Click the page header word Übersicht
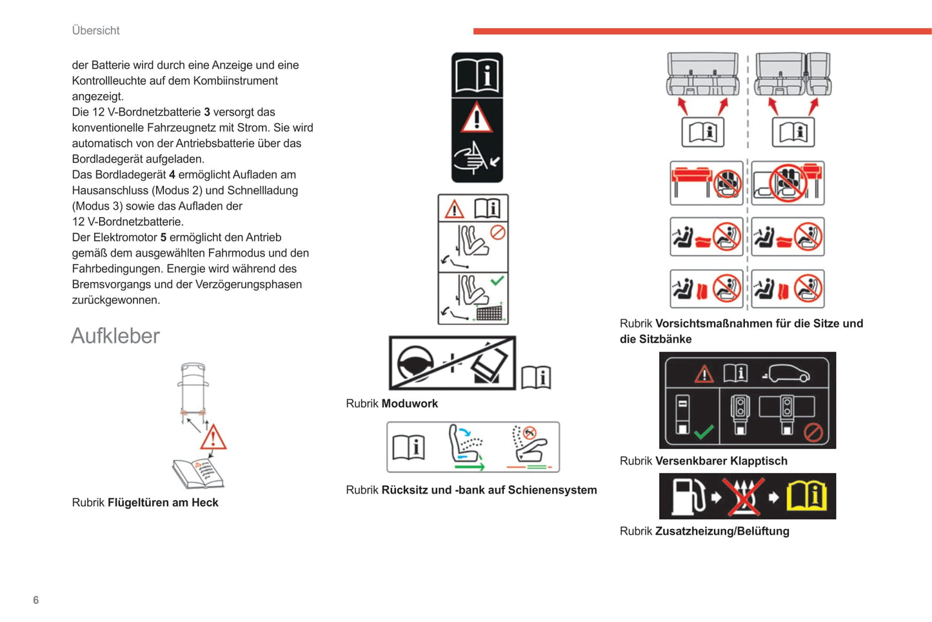coord(95,30)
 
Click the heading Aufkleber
coord(115,336)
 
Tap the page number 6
coord(36,600)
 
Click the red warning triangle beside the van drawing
coord(213,438)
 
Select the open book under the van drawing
coord(197,474)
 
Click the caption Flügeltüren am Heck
coord(163,503)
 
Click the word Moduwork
coord(410,404)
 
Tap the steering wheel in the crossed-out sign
coord(414,363)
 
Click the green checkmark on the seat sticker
coord(497,281)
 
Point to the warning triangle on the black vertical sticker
coord(477,119)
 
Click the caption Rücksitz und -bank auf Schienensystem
coord(489,490)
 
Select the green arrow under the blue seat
coord(469,465)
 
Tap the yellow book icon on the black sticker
coord(806,496)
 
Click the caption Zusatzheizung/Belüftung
coord(722,532)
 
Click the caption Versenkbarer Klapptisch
coord(721,461)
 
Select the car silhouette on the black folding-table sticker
coord(787,373)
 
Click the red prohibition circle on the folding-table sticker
coord(813,432)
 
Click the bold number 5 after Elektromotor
coord(163,237)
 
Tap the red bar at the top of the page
coord(702,31)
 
